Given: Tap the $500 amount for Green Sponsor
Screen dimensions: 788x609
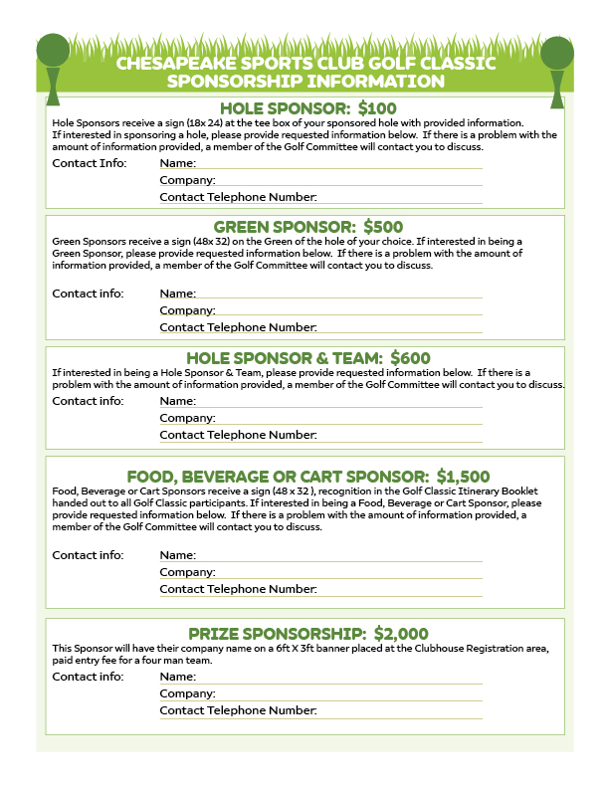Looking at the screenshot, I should (383, 227).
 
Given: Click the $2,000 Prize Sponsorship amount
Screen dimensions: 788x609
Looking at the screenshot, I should (396, 633).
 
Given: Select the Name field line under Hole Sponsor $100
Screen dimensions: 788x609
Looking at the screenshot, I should (338, 164).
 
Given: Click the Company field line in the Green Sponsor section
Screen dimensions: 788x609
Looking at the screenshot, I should (348, 310).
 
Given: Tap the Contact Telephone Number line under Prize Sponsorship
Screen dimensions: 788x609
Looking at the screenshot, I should (398, 710).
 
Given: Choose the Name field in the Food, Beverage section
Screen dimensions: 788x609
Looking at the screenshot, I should (338, 555).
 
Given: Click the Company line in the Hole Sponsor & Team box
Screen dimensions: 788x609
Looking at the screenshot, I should (348, 418).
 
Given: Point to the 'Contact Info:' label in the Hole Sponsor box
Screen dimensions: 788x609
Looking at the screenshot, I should (90, 163).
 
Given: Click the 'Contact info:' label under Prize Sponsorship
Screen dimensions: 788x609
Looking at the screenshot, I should (88, 677).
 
